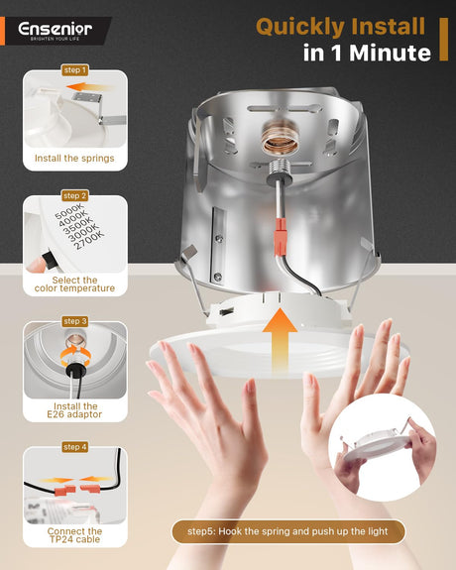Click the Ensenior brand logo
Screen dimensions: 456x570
pyautogui.click(x=55, y=30)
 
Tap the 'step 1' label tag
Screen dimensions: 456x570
pyautogui.click(x=75, y=69)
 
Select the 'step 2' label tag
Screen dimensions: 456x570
pyautogui.click(x=75, y=195)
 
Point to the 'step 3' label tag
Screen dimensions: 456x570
pyautogui.click(x=75, y=321)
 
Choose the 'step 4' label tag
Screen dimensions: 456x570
pyautogui.click(x=75, y=447)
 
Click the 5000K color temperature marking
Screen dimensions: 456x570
pyautogui.click(x=69, y=211)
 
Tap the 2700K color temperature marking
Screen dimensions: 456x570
pyautogui.click(x=89, y=240)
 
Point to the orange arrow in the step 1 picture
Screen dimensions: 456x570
pyautogui.click(x=89, y=87)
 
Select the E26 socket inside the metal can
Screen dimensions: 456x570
pyautogui.click(x=281, y=138)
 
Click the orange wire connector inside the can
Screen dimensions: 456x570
pyautogui.click(x=280, y=236)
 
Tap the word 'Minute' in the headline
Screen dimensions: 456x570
pyautogui.click(x=391, y=54)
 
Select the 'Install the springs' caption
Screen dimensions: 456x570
pyautogui.click(x=74, y=159)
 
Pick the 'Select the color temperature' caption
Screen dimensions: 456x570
pyautogui.click(x=74, y=285)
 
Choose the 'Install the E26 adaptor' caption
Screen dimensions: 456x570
pyautogui.click(x=74, y=410)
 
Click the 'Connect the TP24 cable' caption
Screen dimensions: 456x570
pyautogui.click(x=74, y=535)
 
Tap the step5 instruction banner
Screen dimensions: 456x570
pyautogui.click(x=288, y=531)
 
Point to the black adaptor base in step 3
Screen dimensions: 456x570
pyautogui.click(x=75, y=370)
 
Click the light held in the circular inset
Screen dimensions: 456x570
pyautogui.click(x=379, y=446)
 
